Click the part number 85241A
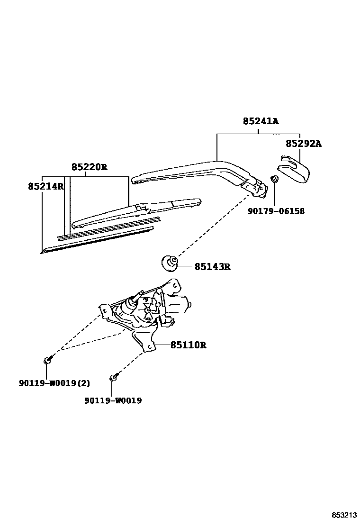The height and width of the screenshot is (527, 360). tap(261, 121)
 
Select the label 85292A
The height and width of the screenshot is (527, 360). tap(303, 143)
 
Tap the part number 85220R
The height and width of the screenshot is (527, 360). tap(90, 167)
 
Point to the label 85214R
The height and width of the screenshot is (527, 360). tap(45, 186)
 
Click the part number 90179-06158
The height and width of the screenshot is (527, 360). tap(276, 211)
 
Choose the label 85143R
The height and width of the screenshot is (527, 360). tap(212, 267)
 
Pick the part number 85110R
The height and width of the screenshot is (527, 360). tap(188, 345)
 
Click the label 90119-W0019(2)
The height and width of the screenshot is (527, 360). tap(54, 383)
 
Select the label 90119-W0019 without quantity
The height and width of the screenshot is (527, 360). tap(113, 400)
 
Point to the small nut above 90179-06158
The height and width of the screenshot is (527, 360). tap(274, 179)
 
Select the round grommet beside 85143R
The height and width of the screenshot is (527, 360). tap(170, 262)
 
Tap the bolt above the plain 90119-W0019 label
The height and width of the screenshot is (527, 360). tap(114, 377)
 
